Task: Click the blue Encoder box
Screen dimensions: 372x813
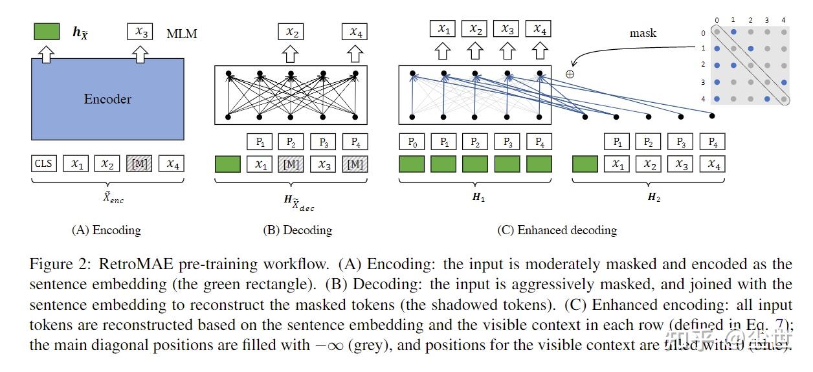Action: click(107, 99)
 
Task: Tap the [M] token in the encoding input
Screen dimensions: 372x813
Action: click(139, 164)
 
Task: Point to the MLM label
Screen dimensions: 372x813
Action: click(182, 32)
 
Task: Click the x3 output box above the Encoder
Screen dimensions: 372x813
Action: click(139, 31)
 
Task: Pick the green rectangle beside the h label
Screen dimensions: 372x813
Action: click(47, 32)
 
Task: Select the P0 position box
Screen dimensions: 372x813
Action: click(412, 141)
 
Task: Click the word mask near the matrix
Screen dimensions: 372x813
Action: click(643, 33)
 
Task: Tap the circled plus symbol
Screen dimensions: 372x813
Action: click(570, 74)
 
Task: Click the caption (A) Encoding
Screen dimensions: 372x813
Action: click(106, 230)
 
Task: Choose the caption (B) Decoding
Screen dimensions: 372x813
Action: click(297, 230)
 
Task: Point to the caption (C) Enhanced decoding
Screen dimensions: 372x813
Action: click(557, 230)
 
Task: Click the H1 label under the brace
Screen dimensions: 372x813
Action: click(478, 197)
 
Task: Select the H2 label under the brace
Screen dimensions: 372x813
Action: click(654, 197)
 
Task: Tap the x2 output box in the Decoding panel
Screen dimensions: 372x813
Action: click(291, 31)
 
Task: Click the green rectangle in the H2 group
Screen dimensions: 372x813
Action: click(585, 164)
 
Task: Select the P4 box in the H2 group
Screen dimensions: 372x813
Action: click(713, 141)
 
